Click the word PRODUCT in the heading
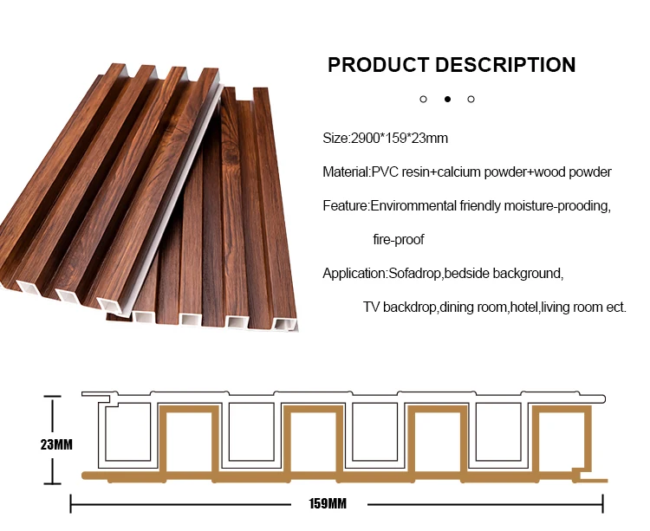[378, 65]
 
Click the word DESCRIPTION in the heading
[505, 65]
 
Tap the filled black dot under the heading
[447, 99]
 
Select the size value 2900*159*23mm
[398, 139]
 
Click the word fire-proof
[399, 239]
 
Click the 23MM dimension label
[56, 444]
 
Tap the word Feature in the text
[345, 206]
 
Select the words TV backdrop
[400, 307]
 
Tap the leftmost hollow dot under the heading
[424, 99]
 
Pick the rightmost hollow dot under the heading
[471, 99]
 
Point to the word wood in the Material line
[556, 172]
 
